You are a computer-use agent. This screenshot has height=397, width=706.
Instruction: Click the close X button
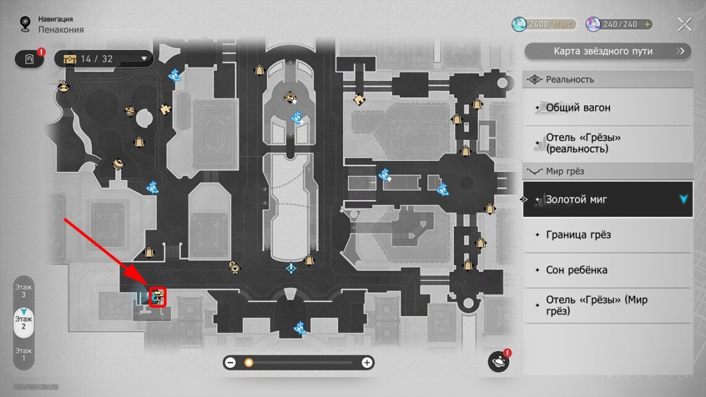[x=684, y=25]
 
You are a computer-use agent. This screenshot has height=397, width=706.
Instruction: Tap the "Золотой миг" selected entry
[x=608, y=199]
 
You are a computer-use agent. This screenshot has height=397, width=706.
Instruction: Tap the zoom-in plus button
[x=367, y=363]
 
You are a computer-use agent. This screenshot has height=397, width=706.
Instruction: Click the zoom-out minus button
[x=230, y=363]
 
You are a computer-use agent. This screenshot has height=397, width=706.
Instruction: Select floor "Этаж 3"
[x=24, y=290]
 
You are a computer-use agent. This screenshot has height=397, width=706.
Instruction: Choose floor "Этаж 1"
[x=24, y=354]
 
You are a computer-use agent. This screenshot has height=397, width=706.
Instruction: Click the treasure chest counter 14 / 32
[x=103, y=59]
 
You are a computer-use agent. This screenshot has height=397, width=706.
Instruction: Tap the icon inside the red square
[x=158, y=297]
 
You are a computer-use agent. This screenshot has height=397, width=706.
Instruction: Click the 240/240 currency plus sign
[x=648, y=25]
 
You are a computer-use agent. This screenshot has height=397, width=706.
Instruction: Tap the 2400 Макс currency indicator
[x=544, y=25]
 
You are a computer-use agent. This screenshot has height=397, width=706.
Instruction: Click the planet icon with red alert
[x=499, y=361]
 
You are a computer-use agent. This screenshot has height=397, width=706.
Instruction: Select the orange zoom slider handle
[x=248, y=363]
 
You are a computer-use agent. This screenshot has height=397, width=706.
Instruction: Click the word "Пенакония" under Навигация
[x=61, y=30]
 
